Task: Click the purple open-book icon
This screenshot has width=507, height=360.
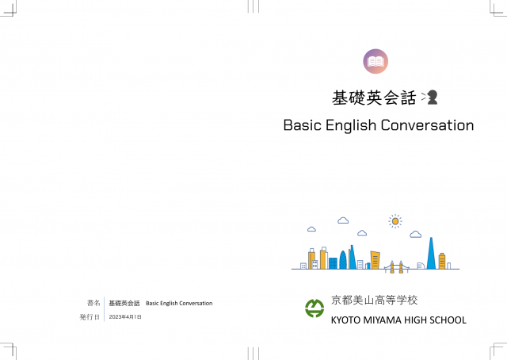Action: pyautogui.click(x=375, y=61)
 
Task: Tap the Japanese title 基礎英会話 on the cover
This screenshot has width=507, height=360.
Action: pyautogui.click(x=374, y=98)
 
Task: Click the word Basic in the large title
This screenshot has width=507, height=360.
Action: pyautogui.click(x=303, y=125)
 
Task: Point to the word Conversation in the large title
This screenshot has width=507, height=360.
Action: pyautogui.click(x=427, y=125)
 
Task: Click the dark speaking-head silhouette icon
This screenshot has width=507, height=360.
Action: pyautogui.click(x=433, y=97)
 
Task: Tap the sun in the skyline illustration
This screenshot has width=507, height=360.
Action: pyautogui.click(x=395, y=221)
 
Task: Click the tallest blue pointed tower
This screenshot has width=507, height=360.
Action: pyautogui.click(x=431, y=253)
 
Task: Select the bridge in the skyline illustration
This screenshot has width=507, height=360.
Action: pyautogui.click(x=396, y=267)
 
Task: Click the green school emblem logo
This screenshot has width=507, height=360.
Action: pyautogui.click(x=314, y=308)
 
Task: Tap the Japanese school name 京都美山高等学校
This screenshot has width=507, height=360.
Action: pyautogui.click(x=374, y=300)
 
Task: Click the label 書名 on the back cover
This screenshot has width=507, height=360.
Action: pyautogui.click(x=93, y=303)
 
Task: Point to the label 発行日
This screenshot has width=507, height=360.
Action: pyautogui.click(x=90, y=317)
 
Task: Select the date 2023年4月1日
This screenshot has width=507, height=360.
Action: pyautogui.click(x=125, y=317)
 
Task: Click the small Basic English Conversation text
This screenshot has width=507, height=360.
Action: pyautogui.click(x=179, y=304)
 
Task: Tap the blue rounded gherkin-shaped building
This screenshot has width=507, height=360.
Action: pyautogui.click(x=343, y=260)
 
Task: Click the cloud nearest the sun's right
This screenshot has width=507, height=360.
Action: pyautogui.click(x=415, y=234)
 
